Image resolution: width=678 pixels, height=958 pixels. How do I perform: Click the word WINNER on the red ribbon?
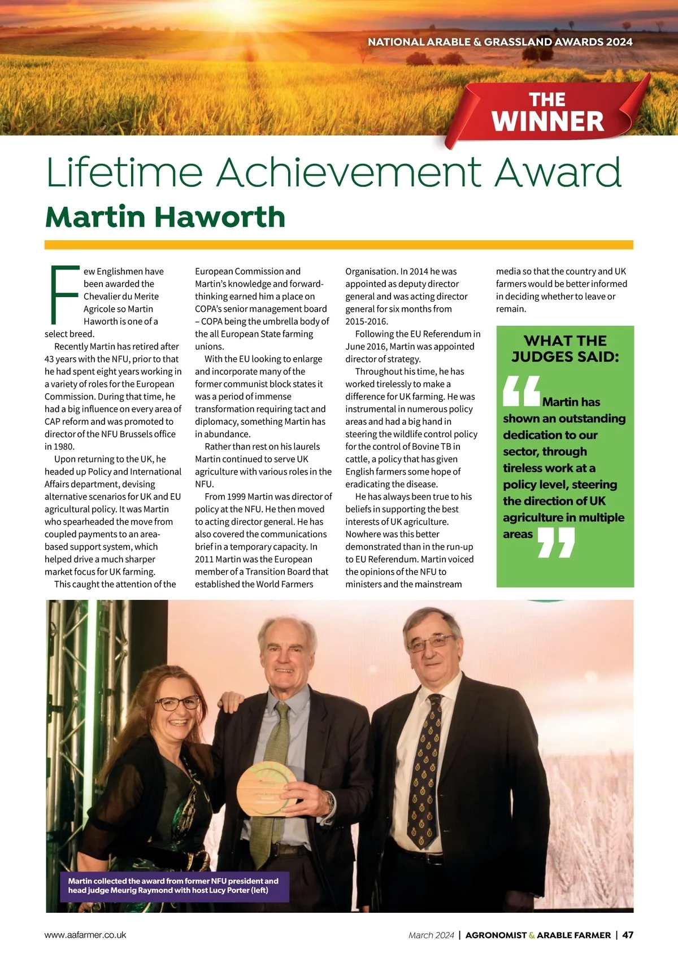point(547,121)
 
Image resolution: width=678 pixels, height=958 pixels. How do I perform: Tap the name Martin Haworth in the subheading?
point(165,217)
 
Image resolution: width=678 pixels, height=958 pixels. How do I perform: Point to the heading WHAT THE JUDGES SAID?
point(565,349)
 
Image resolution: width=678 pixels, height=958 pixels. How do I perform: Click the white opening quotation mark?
point(521,391)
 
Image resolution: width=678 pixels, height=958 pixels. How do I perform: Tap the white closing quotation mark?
point(556,542)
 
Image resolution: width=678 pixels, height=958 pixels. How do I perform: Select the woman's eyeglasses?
point(177,703)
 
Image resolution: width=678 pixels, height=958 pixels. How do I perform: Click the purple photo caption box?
point(174,886)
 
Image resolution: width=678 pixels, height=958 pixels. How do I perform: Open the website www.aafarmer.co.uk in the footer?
point(85,935)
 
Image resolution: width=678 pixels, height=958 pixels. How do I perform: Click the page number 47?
point(627,935)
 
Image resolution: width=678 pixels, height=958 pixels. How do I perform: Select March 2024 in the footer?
point(431,935)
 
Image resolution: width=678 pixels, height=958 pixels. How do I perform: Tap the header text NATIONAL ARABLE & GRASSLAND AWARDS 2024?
point(500,42)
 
